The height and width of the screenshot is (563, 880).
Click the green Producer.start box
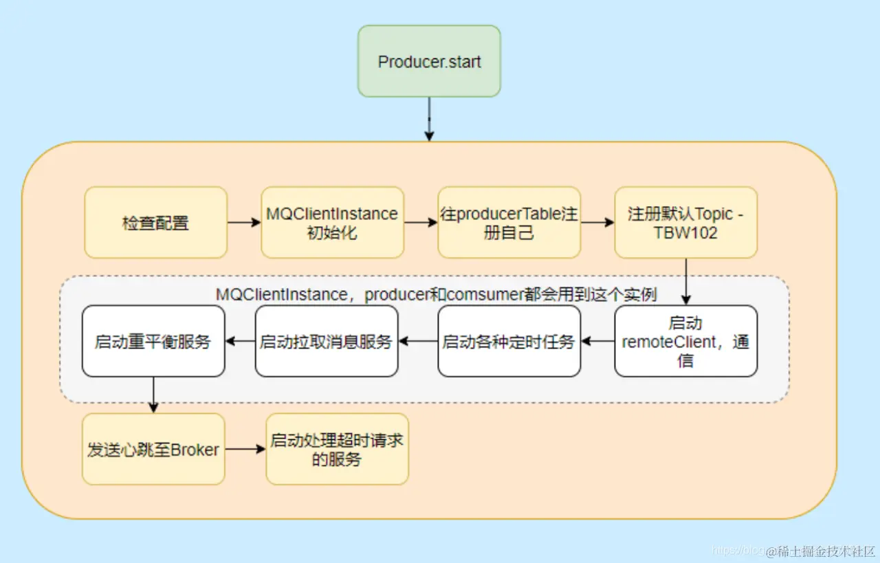(429, 61)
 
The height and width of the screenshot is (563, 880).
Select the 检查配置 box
(156, 223)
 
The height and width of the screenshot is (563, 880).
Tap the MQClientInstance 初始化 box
(332, 223)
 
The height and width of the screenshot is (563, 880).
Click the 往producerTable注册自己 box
(509, 223)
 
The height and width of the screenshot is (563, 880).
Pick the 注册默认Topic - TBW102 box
(685, 223)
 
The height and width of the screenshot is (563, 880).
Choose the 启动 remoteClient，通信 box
(685, 342)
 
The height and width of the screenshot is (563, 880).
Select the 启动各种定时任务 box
(509, 342)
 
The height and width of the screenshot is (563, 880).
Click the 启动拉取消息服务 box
(326, 342)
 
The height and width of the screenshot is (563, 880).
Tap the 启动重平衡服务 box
(153, 342)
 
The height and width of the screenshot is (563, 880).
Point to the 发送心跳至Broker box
(153, 450)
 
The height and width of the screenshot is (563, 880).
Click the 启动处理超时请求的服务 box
(337, 450)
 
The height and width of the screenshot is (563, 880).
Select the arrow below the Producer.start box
(429, 120)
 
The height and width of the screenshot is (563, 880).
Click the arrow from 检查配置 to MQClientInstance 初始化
(244, 223)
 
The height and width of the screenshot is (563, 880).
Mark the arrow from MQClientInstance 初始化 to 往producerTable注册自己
(421, 223)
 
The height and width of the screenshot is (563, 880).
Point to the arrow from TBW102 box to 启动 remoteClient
(685, 282)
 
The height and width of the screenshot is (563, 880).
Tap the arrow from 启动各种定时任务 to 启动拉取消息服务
(418, 341)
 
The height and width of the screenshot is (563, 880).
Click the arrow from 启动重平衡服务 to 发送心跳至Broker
(153, 395)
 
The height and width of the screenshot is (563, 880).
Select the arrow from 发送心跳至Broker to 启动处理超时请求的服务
(245, 450)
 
